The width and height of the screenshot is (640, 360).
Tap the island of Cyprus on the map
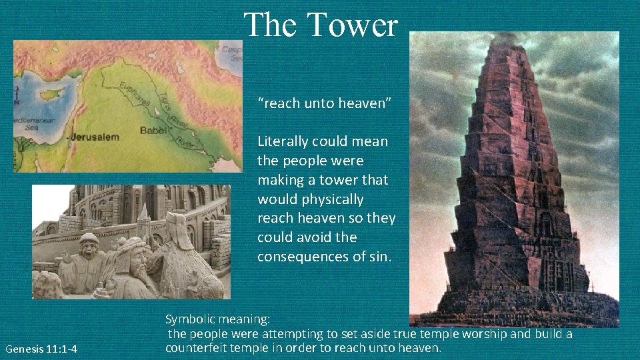point(51,94)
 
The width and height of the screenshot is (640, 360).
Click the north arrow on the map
point(17,97)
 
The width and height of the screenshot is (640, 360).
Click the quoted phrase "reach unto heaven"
point(325,103)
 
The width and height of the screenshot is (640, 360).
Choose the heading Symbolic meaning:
point(217,319)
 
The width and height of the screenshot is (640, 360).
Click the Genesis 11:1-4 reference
point(41,349)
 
